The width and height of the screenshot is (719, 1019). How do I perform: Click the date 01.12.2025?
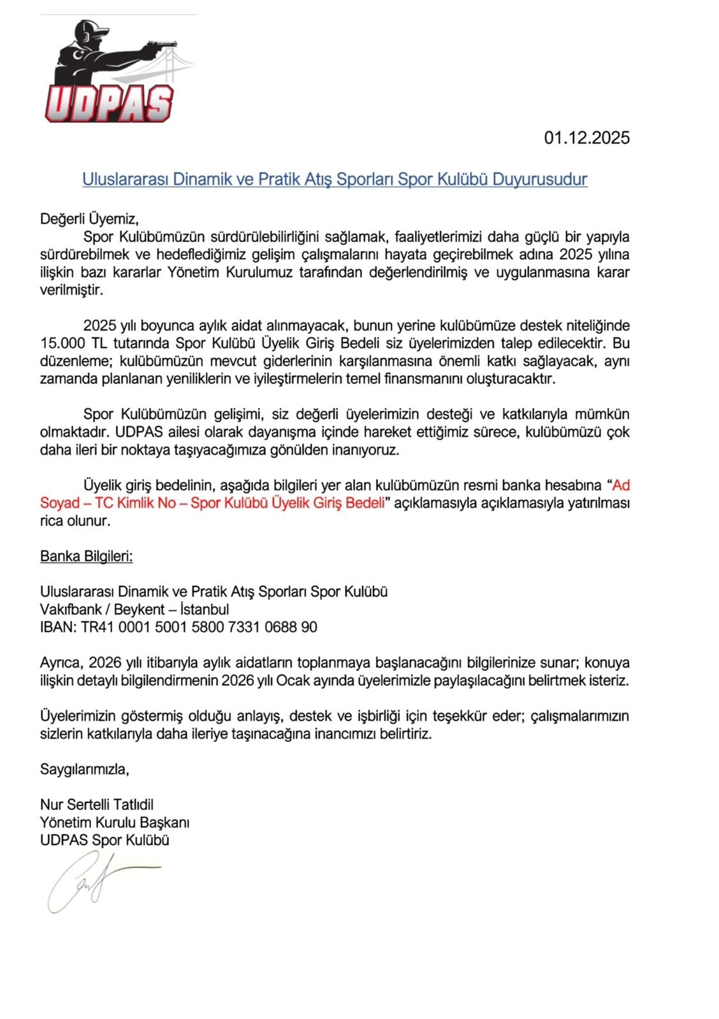pyautogui.click(x=586, y=138)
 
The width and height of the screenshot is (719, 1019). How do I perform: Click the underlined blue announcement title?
pyautogui.click(x=335, y=179)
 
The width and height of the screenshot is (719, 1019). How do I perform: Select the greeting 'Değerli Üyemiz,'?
pyautogui.click(x=89, y=219)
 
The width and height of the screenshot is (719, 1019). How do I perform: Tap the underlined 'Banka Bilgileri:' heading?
pyautogui.click(x=87, y=556)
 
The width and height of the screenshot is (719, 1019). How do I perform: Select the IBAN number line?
pyautogui.click(x=178, y=627)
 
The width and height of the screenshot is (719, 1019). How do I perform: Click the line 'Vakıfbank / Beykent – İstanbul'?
pyautogui.click(x=134, y=609)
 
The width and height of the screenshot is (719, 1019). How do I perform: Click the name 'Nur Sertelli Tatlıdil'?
pyautogui.click(x=97, y=804)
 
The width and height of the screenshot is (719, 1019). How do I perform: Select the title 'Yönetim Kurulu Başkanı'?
pyautogui.click(x=115, y=822)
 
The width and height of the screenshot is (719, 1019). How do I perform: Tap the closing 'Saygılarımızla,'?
pyautogui.click(x=85, y=769)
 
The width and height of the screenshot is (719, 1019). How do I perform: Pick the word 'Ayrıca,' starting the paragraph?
pyautogui.click(x=61, y=662)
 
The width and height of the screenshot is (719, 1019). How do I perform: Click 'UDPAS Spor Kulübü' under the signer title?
pyautogui.click(x=105, y=840)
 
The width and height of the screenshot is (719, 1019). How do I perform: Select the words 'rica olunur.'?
pyautogui.click(x=75, y=521)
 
